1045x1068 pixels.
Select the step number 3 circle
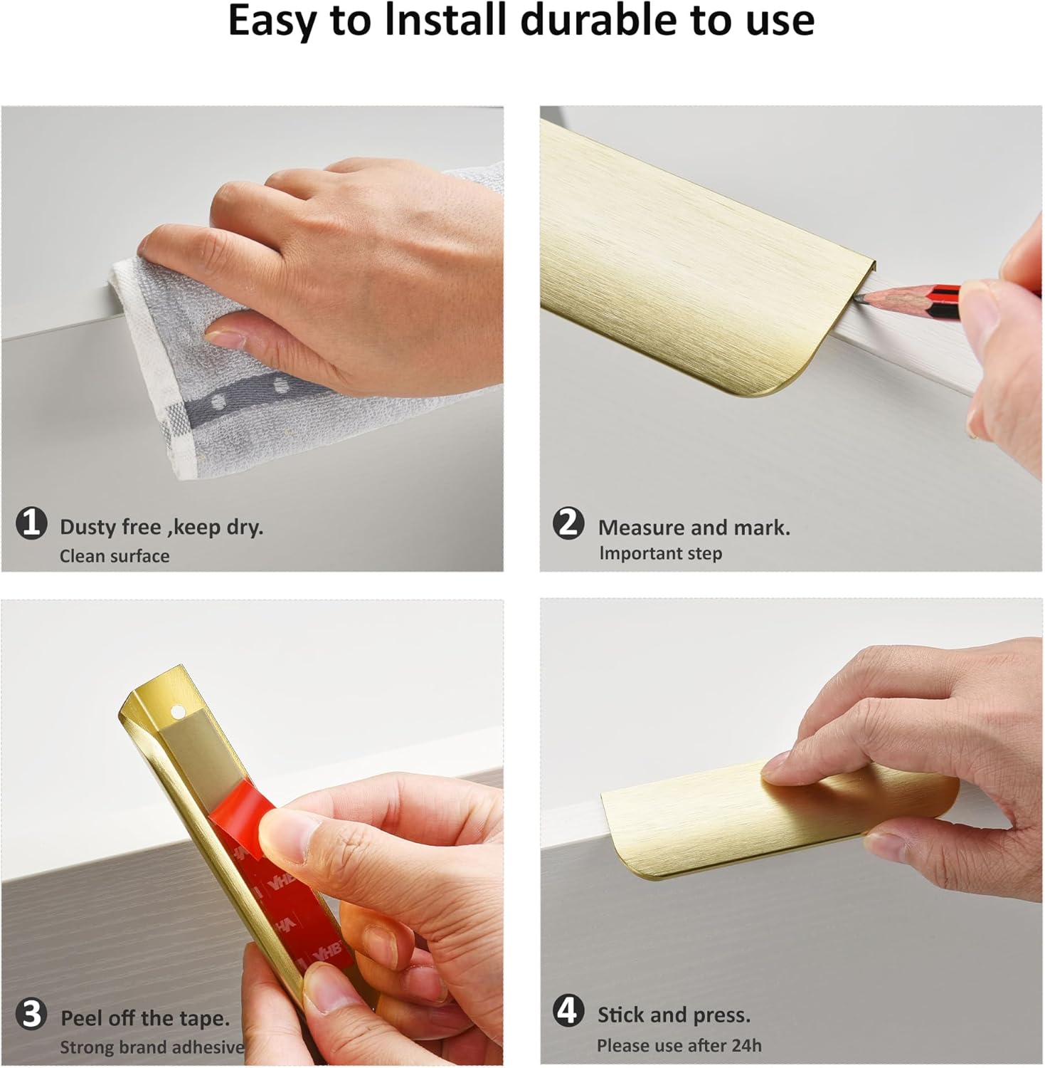point(31,1015)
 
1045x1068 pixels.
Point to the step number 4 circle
point(568,1011)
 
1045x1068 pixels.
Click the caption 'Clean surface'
point(115,556)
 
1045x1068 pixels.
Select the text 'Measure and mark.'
point(694,528)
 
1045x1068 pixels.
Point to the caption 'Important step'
point(660,554)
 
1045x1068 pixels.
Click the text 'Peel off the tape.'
point(145,1018)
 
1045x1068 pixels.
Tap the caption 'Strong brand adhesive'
point(152,1047)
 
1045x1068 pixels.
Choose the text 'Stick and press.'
point(674,1015)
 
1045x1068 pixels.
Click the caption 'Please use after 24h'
point(679,1046)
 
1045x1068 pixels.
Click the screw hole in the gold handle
point(177,711)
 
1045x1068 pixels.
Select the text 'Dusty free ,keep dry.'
point(161,528)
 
